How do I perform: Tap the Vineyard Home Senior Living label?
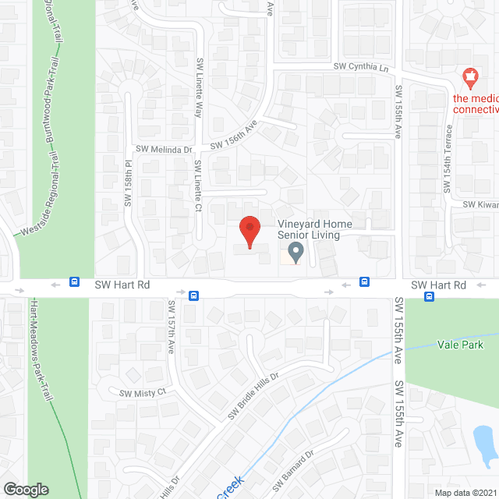click(x=315, y=230)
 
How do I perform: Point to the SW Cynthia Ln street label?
click(x=361, y=69)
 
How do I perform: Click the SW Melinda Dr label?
click(x=165, y=149)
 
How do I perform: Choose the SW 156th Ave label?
click(x=244, y=132)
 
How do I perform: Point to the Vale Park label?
click(x=460, y=345)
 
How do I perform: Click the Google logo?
click(x=25, y=489)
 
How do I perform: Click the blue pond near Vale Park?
click(x=484, y=443)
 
